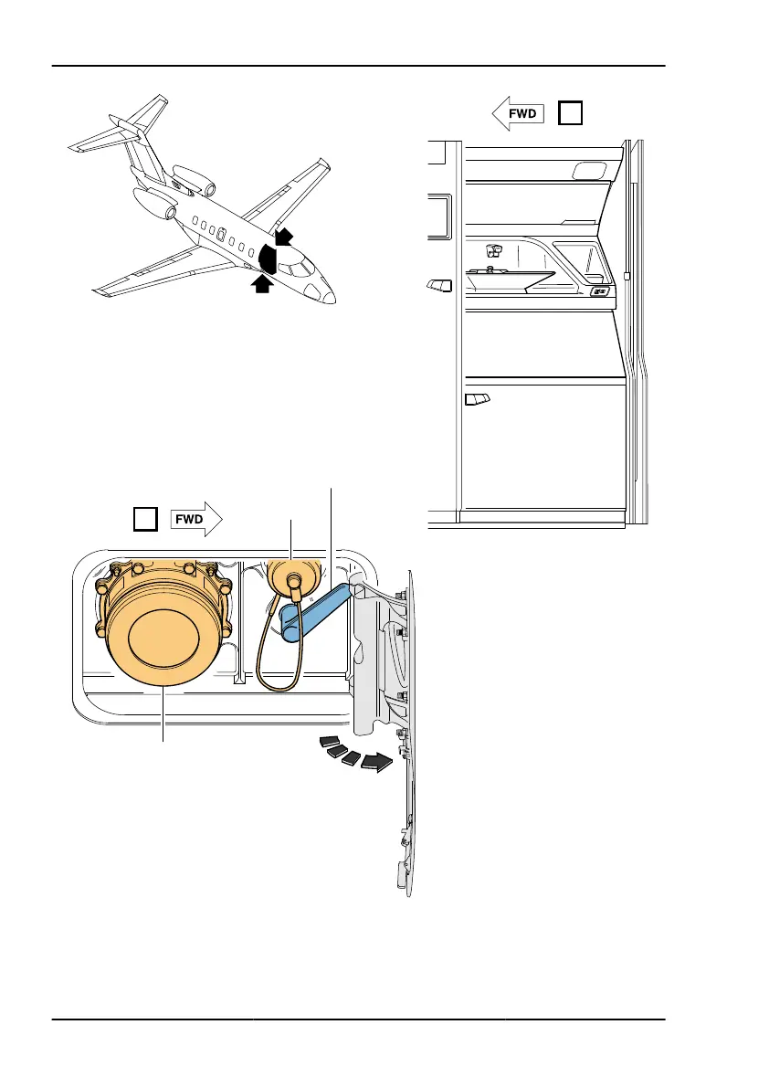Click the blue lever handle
(x=315, y=613)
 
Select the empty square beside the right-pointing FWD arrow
(x=145, y=520)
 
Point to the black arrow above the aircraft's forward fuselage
(x=286, y=237)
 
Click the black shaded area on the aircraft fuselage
(x=269, y=258)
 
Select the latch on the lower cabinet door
(x=478, y=398)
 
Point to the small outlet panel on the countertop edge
(x=600, y=292)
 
